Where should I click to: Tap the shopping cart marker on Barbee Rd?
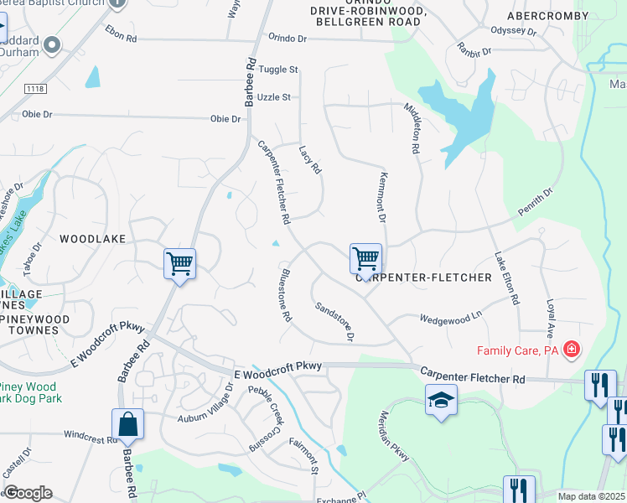pos(179,264)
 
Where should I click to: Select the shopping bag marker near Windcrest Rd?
pos(127,424)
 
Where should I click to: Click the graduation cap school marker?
pos(441,400)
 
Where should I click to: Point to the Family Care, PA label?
pos(517,350)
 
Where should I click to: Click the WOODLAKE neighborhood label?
pos(93,239)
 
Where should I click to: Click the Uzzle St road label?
pos(273,97)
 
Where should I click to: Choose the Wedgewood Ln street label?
pos(452,318)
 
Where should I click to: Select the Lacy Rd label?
pos(310,158)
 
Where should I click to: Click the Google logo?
pos(27,493)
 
